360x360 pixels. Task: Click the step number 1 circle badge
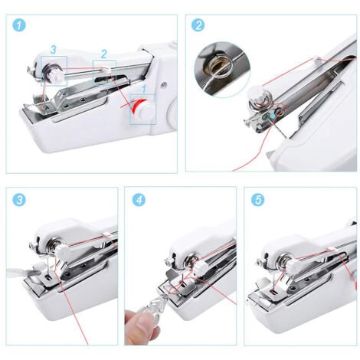(x=19, y=25)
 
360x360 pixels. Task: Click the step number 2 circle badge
(x=198, y=25)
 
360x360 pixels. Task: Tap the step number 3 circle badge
(x=19, y=200)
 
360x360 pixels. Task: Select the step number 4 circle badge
(x=139, y=200)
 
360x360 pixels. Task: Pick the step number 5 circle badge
(x=258, y=200)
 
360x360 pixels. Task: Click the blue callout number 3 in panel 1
(x=53, y=50)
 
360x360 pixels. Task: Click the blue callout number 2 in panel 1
(x=103, y=54)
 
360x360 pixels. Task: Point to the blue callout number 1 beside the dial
(x=144, y=90)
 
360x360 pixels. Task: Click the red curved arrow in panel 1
(x=137, y=105)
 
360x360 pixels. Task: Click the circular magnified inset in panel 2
(x=221, y=69)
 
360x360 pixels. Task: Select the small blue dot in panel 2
(x=273, y=116)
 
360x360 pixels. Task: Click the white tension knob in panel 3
(x=62, y=252)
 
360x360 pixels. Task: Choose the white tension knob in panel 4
(x=201, y=269)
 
